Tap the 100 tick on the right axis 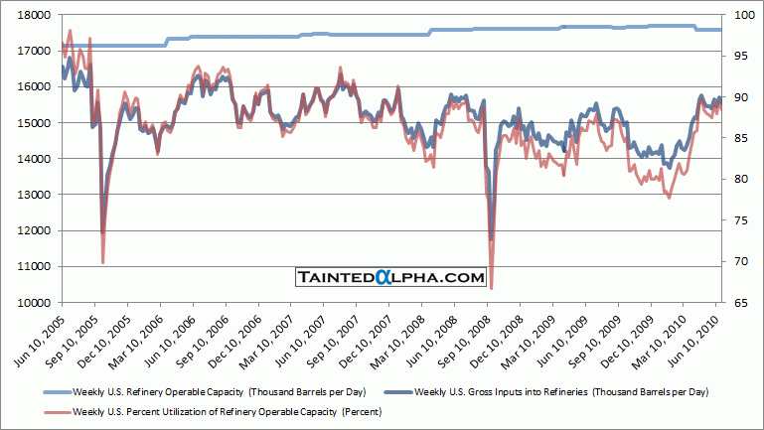coord(741,15)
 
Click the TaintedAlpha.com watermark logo coord(391,278)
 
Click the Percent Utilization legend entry coord(197,411)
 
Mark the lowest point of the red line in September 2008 coord(491,288)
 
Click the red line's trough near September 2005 coord(103,262)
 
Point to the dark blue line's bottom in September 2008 coord(491,239)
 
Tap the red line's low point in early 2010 coord(669,198)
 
